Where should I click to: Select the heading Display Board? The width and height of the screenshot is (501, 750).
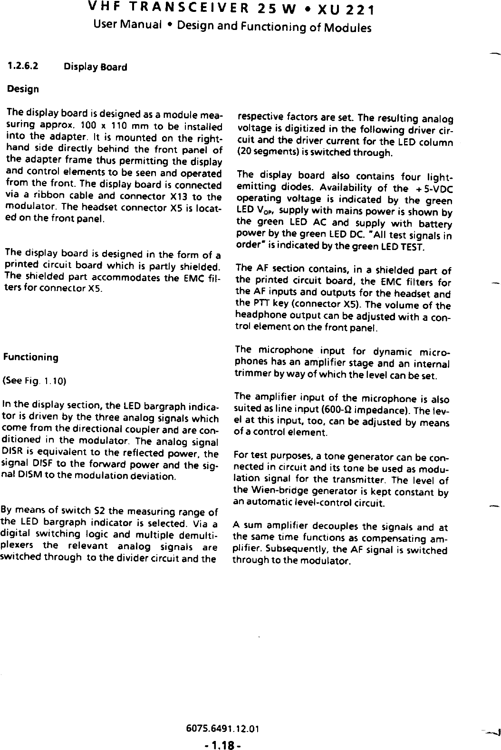coord(95,67)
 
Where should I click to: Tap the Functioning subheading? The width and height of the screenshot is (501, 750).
coord(31,357)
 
